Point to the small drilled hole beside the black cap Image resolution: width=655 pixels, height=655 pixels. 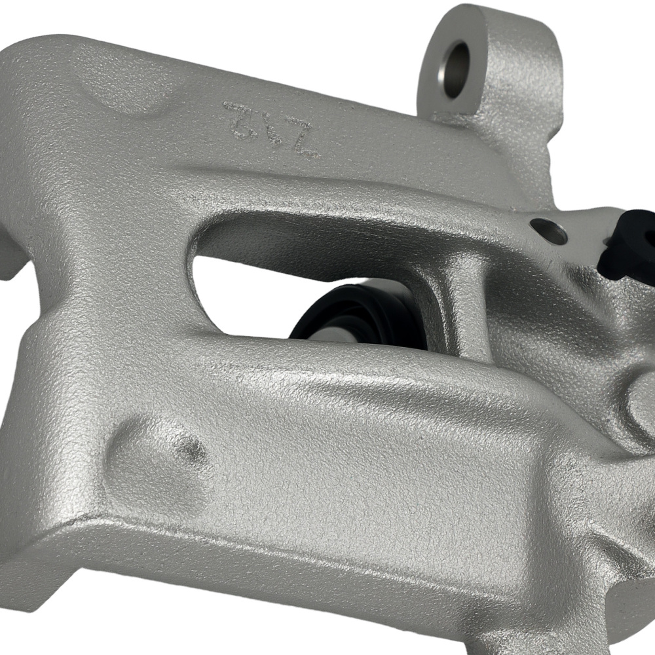click(549, 231)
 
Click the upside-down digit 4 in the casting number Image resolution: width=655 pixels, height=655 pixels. click(272, 124)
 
